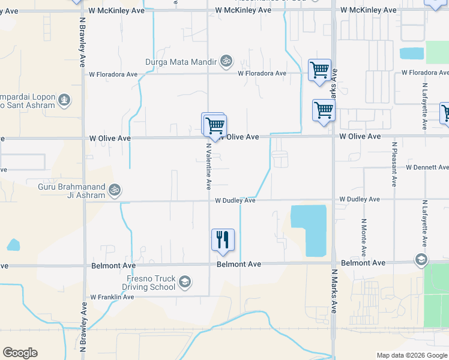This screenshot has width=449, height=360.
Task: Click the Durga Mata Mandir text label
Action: point(181,61)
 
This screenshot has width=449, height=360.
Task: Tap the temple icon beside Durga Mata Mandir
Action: point(227,61)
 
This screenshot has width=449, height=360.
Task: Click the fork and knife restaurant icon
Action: point(223,240)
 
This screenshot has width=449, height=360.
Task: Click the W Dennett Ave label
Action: point(427,167)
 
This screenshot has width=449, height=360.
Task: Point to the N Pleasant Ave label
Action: point(394,164)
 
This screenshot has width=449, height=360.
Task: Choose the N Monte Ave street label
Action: point(364,238)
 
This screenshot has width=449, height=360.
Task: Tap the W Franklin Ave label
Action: point(112,297)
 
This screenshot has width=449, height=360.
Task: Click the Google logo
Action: point(20,353)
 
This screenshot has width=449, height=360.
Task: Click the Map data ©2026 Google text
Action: point(412,355)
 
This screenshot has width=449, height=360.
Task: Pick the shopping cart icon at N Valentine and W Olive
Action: point(214,126)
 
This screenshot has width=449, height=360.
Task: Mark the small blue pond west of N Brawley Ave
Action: point(13,245)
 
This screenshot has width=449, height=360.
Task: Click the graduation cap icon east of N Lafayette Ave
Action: point(421,259)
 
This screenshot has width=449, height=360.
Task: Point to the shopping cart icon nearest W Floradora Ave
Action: point(319,70)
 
